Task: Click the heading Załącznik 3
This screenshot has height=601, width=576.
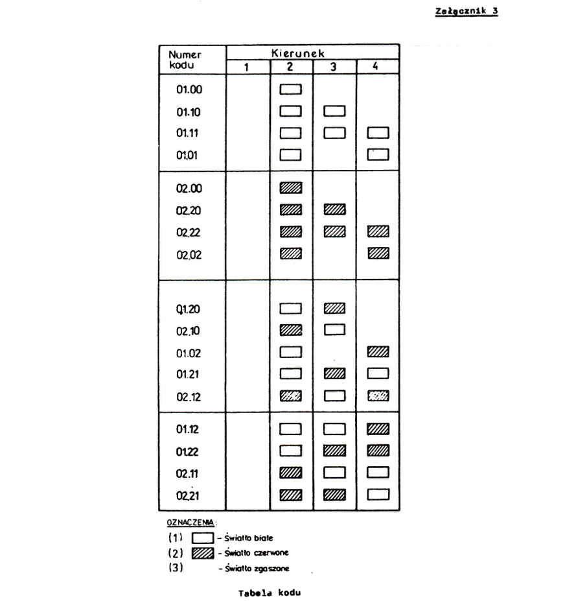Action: [467, 11]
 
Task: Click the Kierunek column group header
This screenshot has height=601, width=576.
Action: [298, 53]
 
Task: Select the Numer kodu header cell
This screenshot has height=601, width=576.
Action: [185, 60]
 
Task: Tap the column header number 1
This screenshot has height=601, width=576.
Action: [247, 67]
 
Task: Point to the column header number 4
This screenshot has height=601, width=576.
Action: [375, 66]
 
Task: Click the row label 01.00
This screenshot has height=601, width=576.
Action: [189, 89]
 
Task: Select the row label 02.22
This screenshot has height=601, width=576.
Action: [189, 233]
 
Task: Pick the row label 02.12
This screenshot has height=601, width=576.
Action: [189, 397]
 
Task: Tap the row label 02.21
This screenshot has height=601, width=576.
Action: [188, 496]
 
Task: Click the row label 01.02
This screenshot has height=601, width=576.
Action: [189, 353]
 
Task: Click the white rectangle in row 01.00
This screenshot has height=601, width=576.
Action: [291, 89]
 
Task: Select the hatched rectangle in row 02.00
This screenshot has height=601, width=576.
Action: [291, 188]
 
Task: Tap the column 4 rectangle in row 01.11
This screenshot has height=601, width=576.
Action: [378, 133]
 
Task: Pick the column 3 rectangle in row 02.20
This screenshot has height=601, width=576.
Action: [335, 209]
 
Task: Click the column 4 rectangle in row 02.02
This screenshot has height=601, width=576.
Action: [378, 253]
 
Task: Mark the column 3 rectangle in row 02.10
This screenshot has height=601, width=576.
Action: [335, 329]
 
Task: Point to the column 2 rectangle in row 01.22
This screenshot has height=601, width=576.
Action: [291, 451]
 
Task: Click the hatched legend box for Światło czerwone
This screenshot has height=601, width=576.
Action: [203, 553]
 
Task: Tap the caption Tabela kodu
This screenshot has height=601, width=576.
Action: [270, 593]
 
